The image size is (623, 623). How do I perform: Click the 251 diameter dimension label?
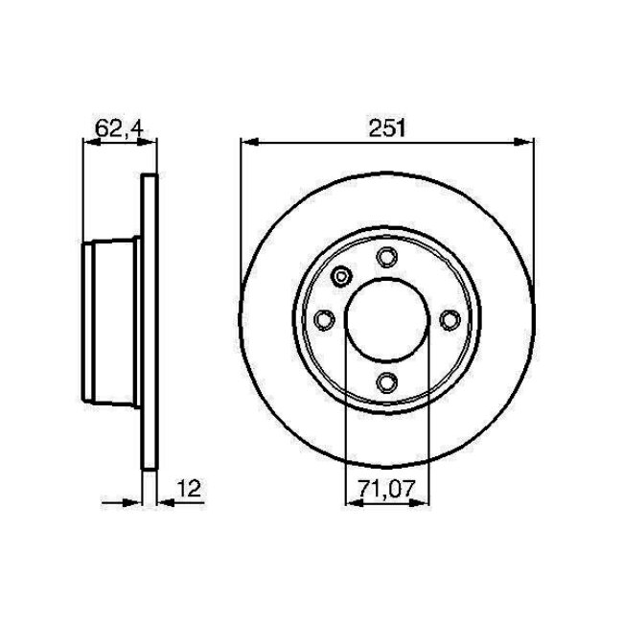pos(385,127)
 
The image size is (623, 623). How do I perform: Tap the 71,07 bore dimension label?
pos(385,490)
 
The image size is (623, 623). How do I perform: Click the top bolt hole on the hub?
pos(386,257)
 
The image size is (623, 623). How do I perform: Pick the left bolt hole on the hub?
pos(323,320)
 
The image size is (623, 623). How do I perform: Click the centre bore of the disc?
pos(386,320)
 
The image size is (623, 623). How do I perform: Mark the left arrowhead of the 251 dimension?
pos(247,143)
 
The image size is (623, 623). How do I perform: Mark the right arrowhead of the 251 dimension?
pos(526,143)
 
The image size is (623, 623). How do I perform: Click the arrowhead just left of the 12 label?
pos(161,501)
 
